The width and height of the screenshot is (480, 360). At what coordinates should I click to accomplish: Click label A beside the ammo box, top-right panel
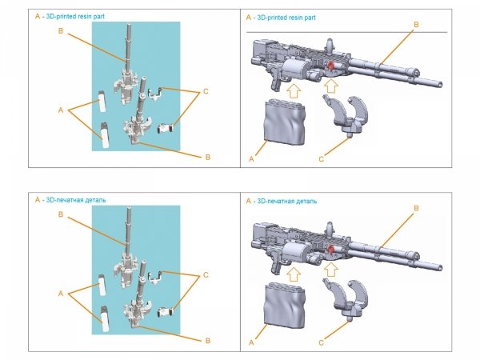tap(252, 160)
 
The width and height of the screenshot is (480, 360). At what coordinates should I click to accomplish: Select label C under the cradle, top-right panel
tap(322, 159)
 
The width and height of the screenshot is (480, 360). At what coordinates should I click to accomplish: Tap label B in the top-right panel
tap(415, 26)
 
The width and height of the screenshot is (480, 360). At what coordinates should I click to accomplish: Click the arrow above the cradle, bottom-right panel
tap(330, 268)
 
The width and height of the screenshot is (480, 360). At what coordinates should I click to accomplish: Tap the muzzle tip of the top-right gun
tap(441, 82)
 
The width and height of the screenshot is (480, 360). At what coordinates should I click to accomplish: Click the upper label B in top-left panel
tap(60, 30)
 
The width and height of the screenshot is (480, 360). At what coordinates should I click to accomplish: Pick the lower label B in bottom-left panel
tap(207, 341)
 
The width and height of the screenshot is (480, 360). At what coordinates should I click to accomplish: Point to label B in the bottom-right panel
tap(415, 208)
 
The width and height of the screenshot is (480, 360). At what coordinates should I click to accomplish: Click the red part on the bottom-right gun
tap(328, 249)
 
